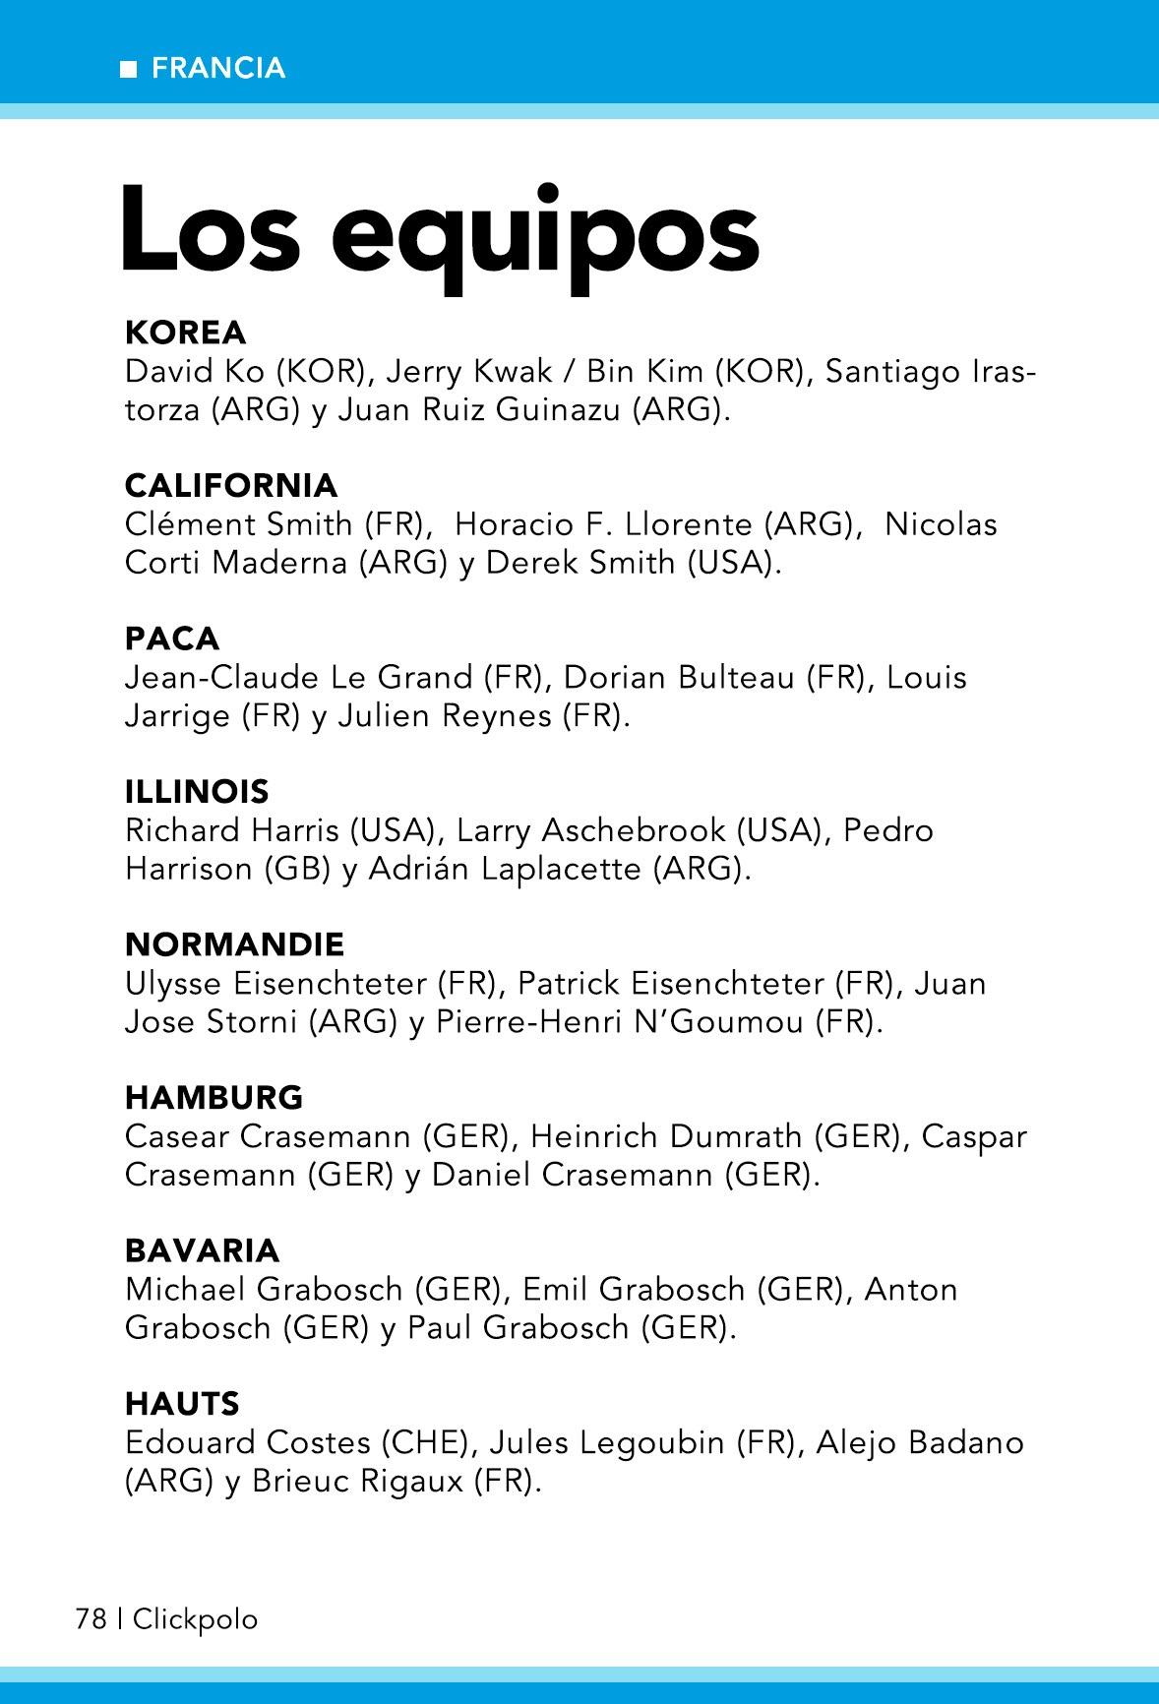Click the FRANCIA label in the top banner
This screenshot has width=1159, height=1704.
pos(218,68)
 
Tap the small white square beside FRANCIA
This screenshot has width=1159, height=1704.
pos(127,69)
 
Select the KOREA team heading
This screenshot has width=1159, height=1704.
pos(185,333)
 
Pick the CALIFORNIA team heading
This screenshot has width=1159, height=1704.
pos(231,485)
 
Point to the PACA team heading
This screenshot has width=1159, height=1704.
pos(172,639)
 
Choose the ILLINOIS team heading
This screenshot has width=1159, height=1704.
pos(197,791)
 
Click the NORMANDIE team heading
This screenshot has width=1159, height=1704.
pos(234,944)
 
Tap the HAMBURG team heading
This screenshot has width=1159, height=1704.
pos(213,1097)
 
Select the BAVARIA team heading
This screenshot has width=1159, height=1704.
pos(202,1250)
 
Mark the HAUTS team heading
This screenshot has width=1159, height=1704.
pos(182,1403)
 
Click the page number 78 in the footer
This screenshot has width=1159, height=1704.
pos(91,1618)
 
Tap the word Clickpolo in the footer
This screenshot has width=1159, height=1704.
pos(195,1618)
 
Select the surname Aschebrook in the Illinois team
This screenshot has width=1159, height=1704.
pos(634,830)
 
